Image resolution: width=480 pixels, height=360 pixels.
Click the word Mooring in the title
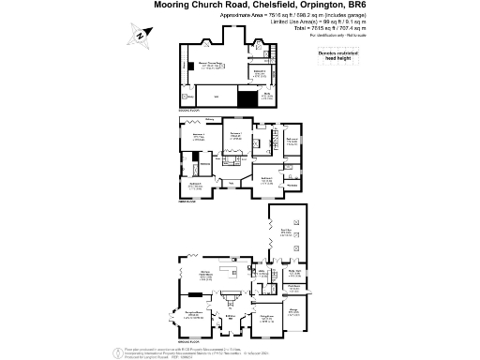[x=175, y=5]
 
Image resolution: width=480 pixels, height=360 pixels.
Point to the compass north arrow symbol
[x=141, y=35]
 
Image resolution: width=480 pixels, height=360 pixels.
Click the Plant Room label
[x=292, y=286]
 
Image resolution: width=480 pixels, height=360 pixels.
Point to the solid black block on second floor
[x=247, y=97]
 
